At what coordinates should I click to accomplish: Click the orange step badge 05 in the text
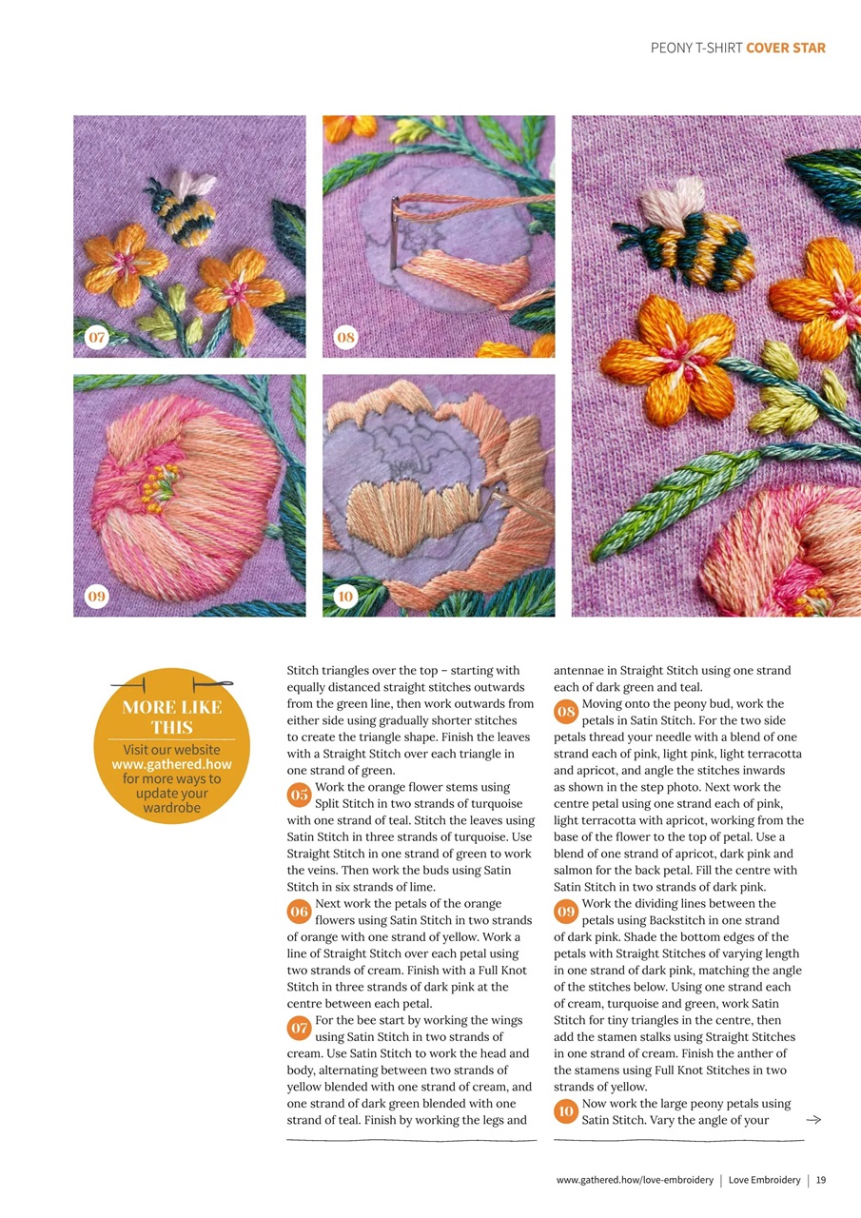pos(300,795)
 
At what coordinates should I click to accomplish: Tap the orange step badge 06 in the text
pos(300,912)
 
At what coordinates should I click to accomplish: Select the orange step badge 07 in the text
pos(300,1028)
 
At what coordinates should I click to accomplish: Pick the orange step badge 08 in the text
pos(566,712)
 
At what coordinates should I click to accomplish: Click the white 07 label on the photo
pos(95,337)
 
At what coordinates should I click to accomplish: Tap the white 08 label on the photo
pos(345,337)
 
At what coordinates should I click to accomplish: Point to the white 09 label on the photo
pos(95,597)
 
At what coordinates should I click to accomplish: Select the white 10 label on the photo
pos(345,597)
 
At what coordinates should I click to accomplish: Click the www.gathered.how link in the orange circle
pos(171,764)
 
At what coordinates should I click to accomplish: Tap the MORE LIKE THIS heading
pos(171,717)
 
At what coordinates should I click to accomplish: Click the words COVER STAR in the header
pos(786,49)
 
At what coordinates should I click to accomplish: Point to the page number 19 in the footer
pos(820,1180)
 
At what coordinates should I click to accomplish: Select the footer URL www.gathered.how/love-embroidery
pos(635,1180)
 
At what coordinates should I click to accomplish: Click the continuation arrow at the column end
pos(812,1120)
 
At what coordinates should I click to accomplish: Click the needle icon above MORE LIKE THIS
pos(171,683)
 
